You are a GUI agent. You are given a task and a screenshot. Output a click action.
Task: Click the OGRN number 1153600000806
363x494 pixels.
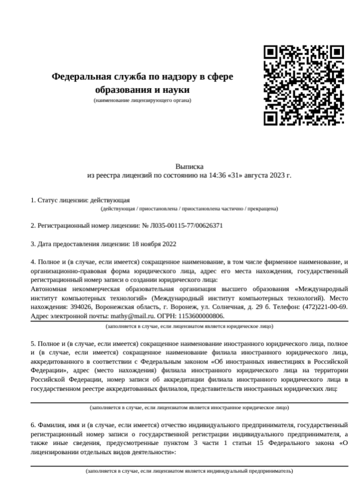click(199, 317)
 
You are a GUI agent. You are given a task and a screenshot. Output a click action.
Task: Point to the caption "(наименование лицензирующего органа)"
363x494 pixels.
click(142, 100)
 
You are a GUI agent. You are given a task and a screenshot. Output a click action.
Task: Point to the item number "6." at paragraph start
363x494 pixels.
click(33, 426)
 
